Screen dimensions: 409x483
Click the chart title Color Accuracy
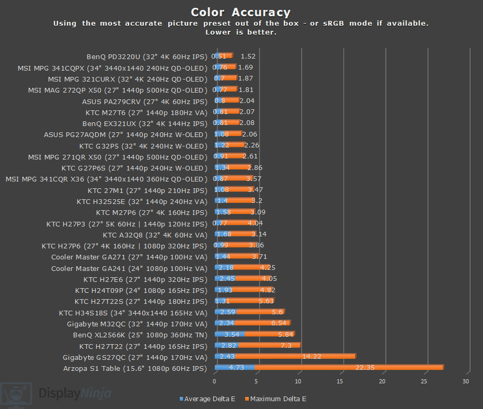(240, 13)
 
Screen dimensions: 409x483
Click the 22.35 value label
(365, 368)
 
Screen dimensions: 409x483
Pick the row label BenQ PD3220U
(147, 56)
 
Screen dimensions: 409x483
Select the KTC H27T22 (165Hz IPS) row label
(143, 346)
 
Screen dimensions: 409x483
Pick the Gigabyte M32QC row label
(137, 323)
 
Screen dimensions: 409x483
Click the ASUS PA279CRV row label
(144, 101)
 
